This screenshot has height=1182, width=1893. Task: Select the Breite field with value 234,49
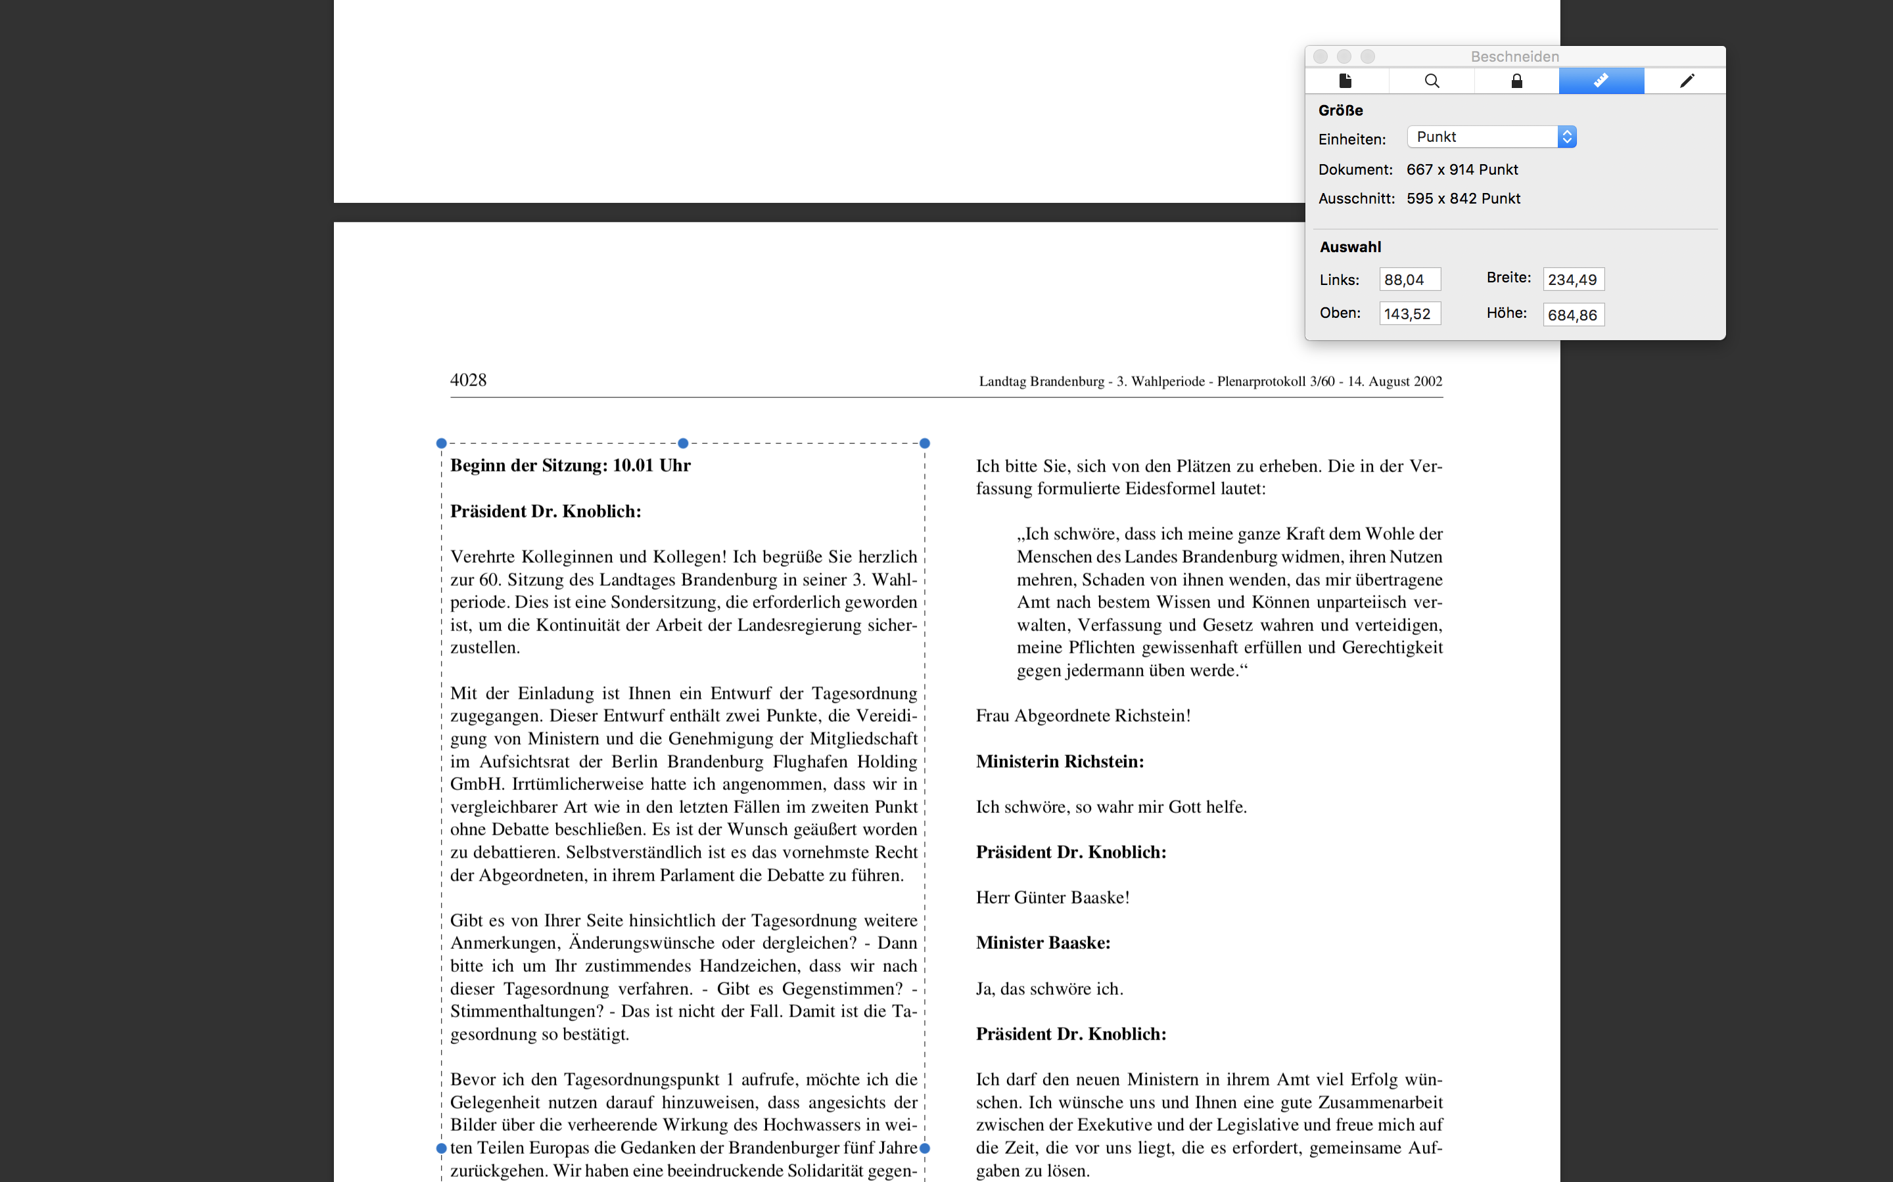pos(1572,280)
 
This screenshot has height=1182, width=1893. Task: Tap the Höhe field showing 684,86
pos(1572,315)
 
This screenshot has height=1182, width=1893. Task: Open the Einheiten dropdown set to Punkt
pos(1491,137)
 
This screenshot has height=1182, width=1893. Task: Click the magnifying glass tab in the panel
pos(1432,81)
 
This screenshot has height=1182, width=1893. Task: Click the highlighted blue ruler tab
pos(1601,81)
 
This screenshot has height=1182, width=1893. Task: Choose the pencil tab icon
pos(1687,81)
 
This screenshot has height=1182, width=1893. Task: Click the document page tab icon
pos(1345,81)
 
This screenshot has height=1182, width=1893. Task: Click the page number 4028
pos(468,381)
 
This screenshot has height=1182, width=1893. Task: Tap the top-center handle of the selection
pos(683,443)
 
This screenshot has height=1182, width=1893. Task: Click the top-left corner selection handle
pos(441,443)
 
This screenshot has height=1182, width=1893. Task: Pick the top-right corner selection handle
pos(925,443)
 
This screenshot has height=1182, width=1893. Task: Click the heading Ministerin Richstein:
pos(1059,762)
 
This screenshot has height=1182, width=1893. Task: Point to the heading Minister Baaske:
pos(1042,943)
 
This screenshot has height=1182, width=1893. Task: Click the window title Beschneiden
pos(1514,56)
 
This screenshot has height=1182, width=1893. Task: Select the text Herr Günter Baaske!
pos(1052,898)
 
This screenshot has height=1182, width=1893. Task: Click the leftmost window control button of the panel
pos(1320,56)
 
